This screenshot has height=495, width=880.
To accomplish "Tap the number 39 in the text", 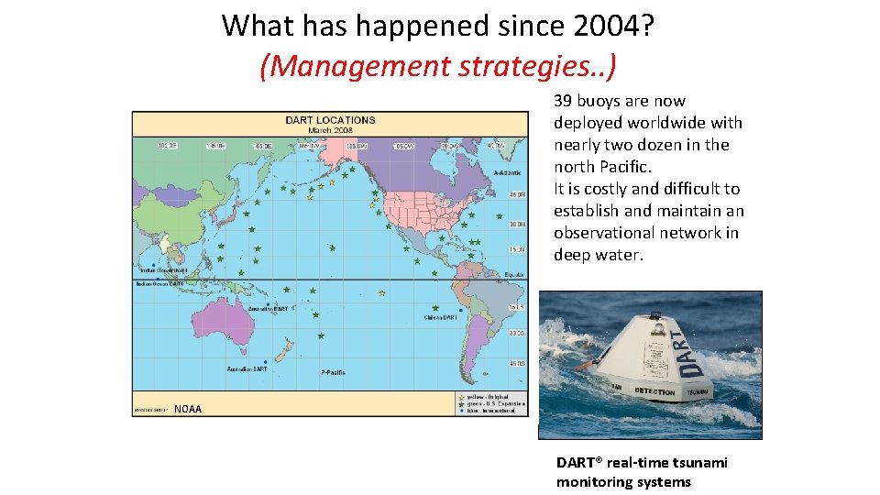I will pyautogui.click(x=564, y=101).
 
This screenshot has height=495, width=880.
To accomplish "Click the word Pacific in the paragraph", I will pyautogui.click(x=622, y=167).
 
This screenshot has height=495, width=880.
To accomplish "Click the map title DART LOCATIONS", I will pyautogui.click(x=330, y=120).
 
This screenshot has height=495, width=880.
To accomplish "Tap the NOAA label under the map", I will pyautogui.click(x=188, y=409).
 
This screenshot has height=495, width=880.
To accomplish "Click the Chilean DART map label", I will pyautogui.click(x=442, y=317).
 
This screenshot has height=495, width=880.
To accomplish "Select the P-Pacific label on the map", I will pyautogui.click(x=333, y=372).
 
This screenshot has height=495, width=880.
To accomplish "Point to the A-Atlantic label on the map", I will pyautogui.click(x=507, y=172).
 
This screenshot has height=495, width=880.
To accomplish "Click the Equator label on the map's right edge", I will pyautogui.click(x=514, y=274).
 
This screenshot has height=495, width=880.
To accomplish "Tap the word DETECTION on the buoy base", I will pyautogui.click(x=654, y=391).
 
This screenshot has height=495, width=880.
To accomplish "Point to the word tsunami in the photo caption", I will pyautogui.click(x=698, y=463).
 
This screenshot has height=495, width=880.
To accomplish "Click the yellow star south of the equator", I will pyautogui.click(x=381, y=293).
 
